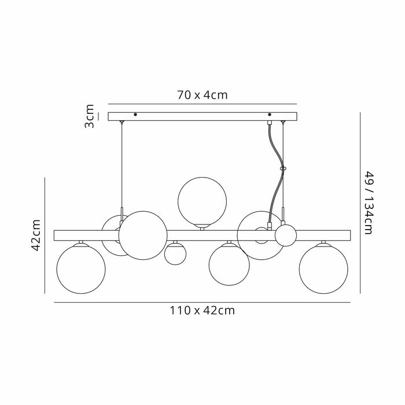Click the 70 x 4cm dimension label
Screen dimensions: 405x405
202,95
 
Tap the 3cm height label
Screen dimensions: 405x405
90,116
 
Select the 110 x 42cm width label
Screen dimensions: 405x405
202,310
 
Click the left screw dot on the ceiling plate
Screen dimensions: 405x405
135,115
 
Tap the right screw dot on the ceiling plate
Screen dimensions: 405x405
269,115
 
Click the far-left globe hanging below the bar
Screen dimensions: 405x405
80,268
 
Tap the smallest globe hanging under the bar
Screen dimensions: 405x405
174,253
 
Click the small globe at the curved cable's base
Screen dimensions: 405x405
285,235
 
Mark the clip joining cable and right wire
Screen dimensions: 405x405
283,169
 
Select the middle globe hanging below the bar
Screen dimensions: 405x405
229,265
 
